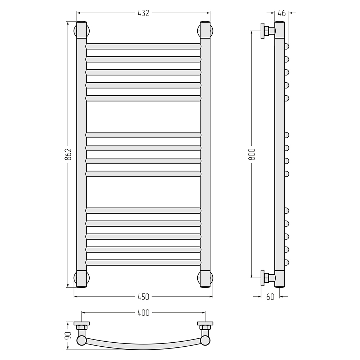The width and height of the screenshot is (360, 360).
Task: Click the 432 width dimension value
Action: (144, 13)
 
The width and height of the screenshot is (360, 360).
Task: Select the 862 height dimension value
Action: (68, 154)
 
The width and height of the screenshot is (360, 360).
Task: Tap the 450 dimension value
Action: (144, 297)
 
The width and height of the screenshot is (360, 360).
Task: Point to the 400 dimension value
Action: (144, 313)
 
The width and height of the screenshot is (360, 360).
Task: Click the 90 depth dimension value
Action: (68, 335)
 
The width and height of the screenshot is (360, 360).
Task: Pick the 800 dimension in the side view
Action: (252, 154)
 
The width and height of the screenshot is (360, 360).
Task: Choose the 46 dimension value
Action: (282, 13)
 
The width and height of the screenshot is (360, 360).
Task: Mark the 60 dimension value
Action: (270, 297)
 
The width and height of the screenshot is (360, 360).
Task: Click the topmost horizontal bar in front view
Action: (144, 46)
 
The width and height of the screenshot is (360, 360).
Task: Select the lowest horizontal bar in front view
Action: (144, 262)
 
